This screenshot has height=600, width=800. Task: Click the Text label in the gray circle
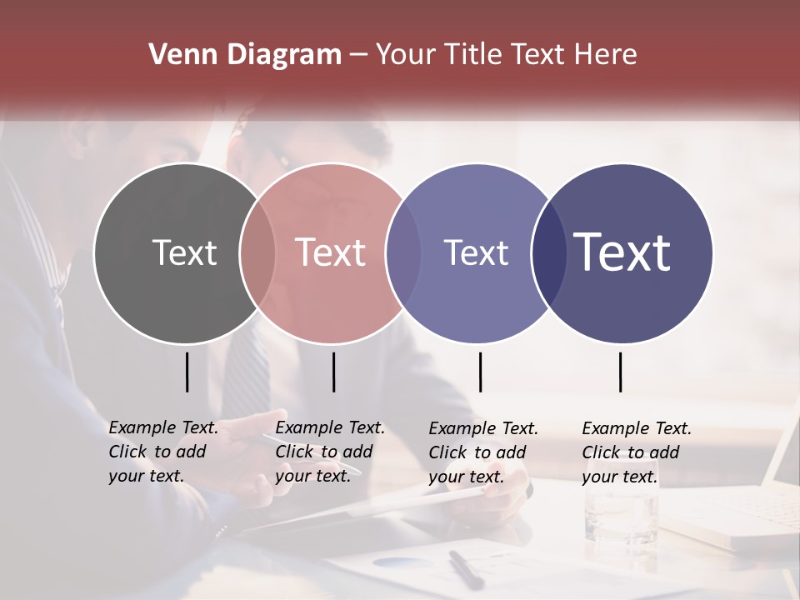click(184, 252)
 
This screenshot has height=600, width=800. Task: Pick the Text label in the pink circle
click(331, 252)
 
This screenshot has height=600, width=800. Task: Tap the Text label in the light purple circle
click(476, 252)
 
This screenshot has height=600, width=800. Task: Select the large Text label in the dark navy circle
click(622, 252)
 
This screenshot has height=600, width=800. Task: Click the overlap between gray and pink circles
click(257, 252)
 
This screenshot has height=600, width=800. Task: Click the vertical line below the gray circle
click(187, 372)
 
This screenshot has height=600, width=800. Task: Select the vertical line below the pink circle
click(333, 372)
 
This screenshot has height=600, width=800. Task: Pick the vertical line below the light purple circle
click(480, 372)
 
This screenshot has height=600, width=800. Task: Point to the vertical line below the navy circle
click(620, 372)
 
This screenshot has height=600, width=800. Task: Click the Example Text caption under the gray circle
click(162, 452)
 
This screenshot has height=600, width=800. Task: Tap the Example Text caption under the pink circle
click(329, 452)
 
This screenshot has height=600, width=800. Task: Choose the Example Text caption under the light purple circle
click(482, 452)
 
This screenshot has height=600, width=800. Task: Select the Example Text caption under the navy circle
click(636, 452)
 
